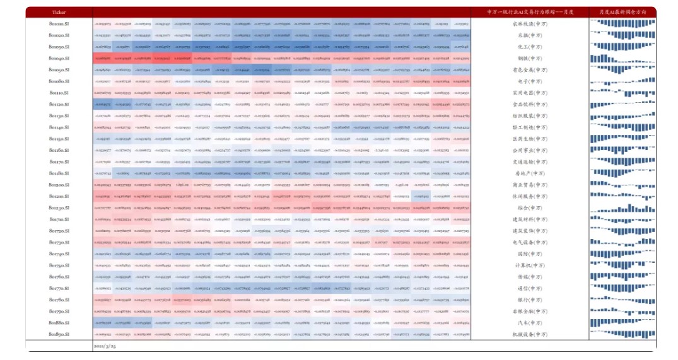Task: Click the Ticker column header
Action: click(x=59, y=12)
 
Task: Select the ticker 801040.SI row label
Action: click(x=59, y=58)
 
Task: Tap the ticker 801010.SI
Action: click(x=59, y=24)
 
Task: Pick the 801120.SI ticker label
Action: click(x=59, y=104)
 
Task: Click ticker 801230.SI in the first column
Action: click(x=59, y=207)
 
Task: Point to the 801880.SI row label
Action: click(x=59, y=322)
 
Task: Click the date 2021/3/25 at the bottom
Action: click(x=105, y=345)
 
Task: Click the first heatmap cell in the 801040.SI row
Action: click(x=102, y=58)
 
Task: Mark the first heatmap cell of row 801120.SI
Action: click(x=102, y=104)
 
